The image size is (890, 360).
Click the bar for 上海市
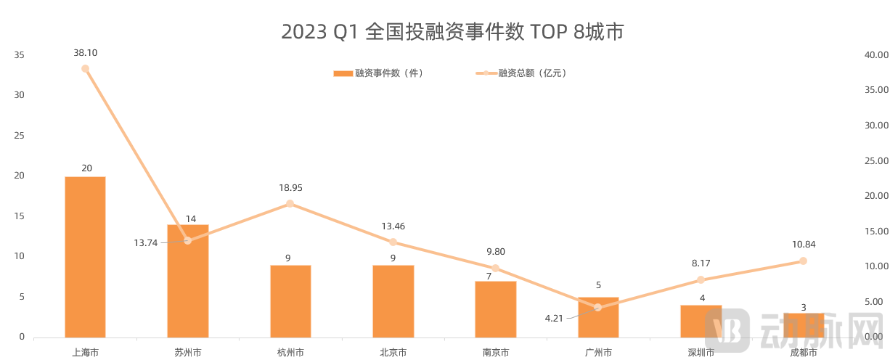point(85,257)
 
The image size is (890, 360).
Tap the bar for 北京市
point(393,301)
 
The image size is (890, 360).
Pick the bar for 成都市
point(803,325)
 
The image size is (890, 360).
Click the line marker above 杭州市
point(290,204)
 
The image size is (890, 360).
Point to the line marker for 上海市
point(86,69)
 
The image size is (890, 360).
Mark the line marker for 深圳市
point(701,280)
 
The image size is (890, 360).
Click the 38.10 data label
point(86,53)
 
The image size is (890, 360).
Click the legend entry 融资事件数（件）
point(377,73)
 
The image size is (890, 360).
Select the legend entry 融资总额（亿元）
point(520,73)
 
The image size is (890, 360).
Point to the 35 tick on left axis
point(19,55)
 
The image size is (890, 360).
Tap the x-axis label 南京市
point(495,353)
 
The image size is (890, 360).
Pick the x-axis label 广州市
point(598,353)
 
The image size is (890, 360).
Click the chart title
point(452,32)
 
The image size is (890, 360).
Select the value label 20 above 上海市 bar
point(86,168)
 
